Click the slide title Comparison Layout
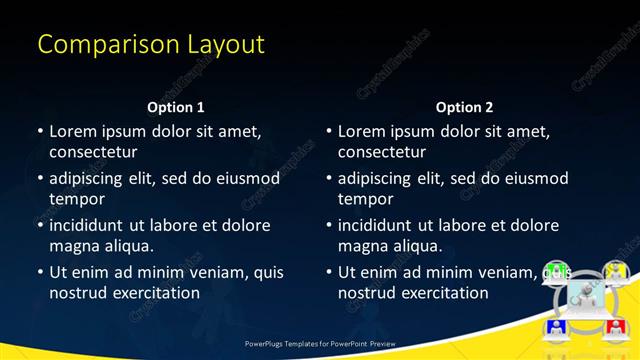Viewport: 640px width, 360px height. click(151, 44)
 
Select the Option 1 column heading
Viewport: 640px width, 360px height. click(176, 107)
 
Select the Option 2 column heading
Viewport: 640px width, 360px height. click(465, 107)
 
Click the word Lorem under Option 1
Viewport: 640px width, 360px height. click(72, 131)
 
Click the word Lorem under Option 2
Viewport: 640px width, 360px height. click(361, 131)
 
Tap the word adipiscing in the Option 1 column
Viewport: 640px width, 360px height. click(90, 178)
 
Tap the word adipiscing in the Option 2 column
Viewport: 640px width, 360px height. click(379, 178)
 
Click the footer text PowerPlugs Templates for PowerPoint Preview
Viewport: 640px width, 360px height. click(320, 343)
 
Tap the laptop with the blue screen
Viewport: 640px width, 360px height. click(557, 327)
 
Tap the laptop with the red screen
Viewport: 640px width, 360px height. click(614, 327)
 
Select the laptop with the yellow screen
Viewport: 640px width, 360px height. click(614, 271)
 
